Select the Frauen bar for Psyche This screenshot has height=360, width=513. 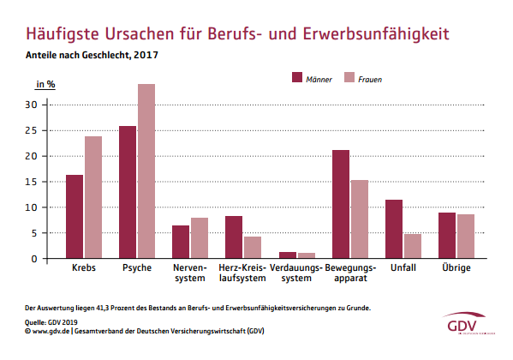[146, 171]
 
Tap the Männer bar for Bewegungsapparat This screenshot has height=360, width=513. [341, 204]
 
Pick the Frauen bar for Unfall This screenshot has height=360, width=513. [412, 246]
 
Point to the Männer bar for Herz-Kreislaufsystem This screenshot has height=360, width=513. [234, 237]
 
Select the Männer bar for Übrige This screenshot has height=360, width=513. [447, 236]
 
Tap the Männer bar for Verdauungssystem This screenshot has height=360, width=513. [288, 255]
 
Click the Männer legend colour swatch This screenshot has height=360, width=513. [300, 78]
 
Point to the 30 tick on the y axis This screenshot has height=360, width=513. [32, 105]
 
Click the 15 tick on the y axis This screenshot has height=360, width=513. [32, 182]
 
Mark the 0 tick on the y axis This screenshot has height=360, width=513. [34, 259]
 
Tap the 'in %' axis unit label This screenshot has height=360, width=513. [45, 84]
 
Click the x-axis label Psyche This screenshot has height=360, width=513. [137, 268]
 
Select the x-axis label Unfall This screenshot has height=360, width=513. [403, 268]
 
